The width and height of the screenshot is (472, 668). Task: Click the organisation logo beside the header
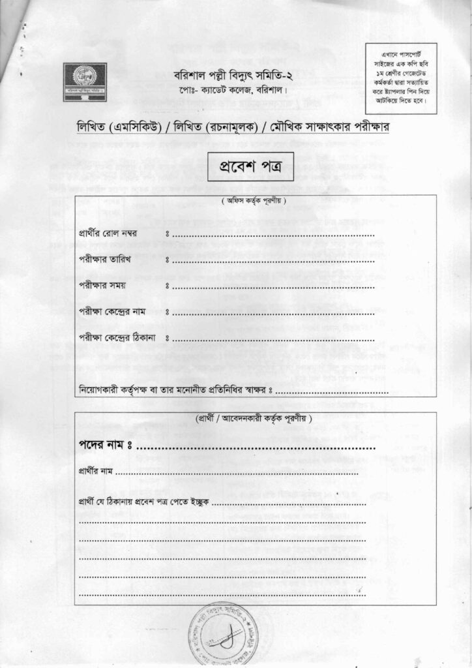(x=85, y=82)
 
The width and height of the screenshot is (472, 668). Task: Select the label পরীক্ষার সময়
(x=102, y=285)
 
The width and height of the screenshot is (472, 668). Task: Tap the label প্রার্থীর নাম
(x=96, y=470)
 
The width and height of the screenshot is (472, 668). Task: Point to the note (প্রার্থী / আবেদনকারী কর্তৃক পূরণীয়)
(x=254, y=417)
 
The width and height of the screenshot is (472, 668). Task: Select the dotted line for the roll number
(x=274, y=235)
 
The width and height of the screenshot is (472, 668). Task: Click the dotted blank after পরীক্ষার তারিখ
(x=274, y=261)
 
